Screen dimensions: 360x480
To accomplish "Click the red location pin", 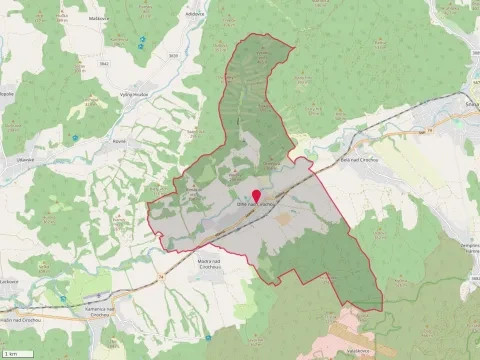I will (256, 196).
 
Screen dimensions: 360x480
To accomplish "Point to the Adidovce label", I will (195, 14).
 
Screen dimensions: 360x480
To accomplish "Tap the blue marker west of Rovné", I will (74, 138).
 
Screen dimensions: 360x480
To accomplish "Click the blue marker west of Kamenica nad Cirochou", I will (62, 297).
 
